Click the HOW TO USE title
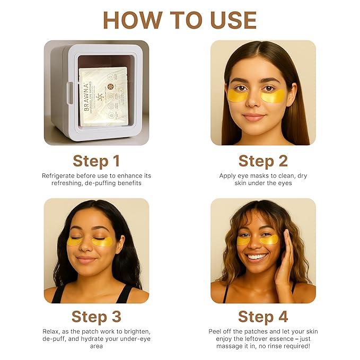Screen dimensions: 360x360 coord(180,20)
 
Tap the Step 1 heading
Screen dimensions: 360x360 coord(96,161)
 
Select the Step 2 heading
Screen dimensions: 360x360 coord(263,161)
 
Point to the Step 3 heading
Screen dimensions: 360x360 coord(96,317)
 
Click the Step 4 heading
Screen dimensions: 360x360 coord(263,317)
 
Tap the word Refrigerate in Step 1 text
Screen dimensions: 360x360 coord(59,175)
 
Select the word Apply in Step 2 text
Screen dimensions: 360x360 coord(229,175)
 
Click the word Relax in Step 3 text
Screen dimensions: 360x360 coord(51,331)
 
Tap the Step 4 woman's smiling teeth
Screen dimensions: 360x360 coord(257,257)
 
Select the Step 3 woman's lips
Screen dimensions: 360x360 coord(86,259)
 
